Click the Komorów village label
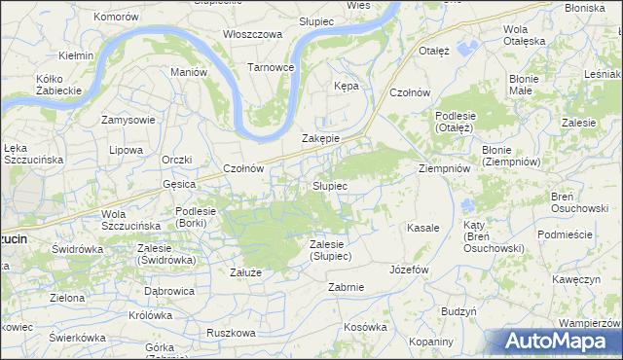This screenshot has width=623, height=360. click(116, 18)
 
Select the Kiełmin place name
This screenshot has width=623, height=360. click(76, 55)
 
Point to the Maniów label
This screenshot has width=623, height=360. click(189, 72)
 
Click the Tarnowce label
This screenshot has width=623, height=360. click(271, 67)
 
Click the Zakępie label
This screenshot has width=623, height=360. click(320, 138)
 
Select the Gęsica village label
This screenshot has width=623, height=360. click(180, 183)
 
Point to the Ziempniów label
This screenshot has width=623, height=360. click(444, 167)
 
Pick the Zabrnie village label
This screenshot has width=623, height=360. click(347, 287)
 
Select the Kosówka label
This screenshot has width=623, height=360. click(365, 327)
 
